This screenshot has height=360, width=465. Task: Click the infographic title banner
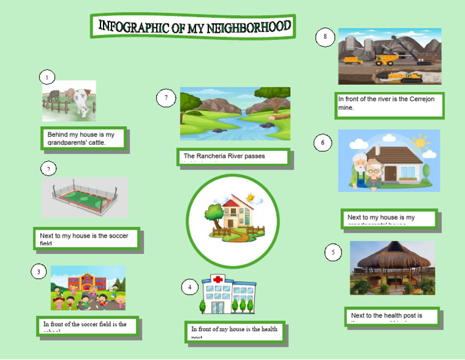coord(194,27)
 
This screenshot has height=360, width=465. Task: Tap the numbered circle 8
coord(325,38)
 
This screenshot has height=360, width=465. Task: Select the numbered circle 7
coord(166,98)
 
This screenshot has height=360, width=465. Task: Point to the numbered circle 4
coord(190,287)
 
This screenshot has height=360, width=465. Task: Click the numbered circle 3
coord(39,272)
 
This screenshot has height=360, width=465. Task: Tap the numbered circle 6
coord(323,143)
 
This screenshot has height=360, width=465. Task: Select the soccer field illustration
coord(84,198)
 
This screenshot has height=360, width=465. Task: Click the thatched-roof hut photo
coord(392,268)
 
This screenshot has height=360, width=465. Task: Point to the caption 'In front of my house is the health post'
coord(235,331)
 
